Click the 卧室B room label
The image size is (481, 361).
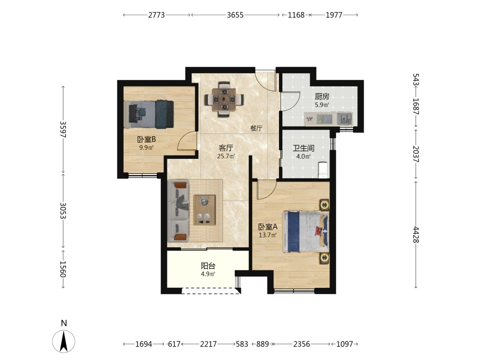click(146, 140)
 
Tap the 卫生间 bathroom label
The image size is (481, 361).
click(304, 148)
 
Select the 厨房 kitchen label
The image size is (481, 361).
click(322, 97)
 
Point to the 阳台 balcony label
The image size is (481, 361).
click(208, 266)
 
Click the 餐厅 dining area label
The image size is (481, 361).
click(256, 129)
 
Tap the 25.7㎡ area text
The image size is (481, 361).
click(226, 156)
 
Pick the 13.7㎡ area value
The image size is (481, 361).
click(268, 235)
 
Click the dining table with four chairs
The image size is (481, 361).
click(225, 99)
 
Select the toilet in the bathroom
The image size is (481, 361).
click(323, 170)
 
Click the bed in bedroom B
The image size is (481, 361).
click(149, 114)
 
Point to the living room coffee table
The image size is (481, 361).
click(204, 210)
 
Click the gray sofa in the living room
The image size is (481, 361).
click(178, 211)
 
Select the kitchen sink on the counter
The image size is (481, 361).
click(344, 118)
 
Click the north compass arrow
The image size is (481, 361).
click(63, 341)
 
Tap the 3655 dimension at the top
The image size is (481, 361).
click(235, 15)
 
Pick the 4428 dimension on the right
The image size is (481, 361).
click(416, 234)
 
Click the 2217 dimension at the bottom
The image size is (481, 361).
click(208, 344)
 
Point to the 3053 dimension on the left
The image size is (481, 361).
click(63, 211)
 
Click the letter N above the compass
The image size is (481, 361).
click(64, 323)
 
